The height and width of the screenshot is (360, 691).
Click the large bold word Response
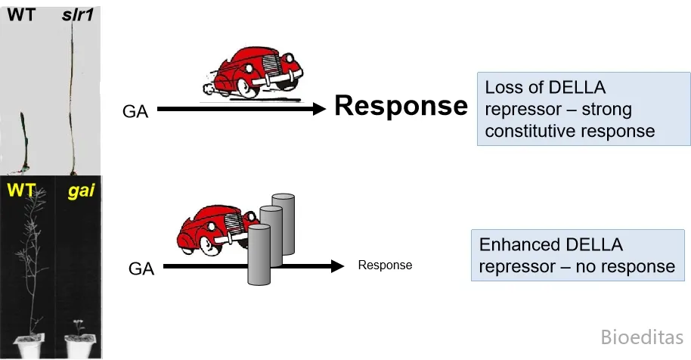[x=401, y=107]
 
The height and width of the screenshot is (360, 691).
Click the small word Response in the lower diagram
[x=385, y=265]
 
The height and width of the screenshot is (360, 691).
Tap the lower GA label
[x=141, y=268]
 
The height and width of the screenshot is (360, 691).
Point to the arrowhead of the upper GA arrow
[x=318, y=109]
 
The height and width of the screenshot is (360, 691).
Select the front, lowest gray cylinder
[x=259, y=254]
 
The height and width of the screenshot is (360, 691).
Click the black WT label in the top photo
[x=21, y=14]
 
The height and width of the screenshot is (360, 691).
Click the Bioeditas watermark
[x=642, y=337]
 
